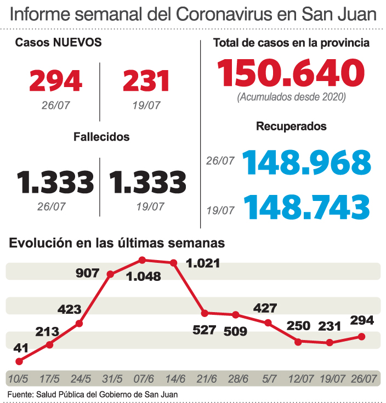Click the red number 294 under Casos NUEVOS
point(55,81)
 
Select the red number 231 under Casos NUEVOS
point(146,81)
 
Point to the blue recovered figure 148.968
point(306,163)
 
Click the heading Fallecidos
point(101,137)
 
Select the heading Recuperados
point(291,126)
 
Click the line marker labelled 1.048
point(143,260)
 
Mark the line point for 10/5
point(19,361)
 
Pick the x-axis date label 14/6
point(175,379)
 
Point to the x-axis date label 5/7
point(269,379)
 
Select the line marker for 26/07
point(361,336)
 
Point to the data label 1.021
point(203,263)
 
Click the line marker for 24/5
point(80,324)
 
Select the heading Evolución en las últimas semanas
point(117,242)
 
